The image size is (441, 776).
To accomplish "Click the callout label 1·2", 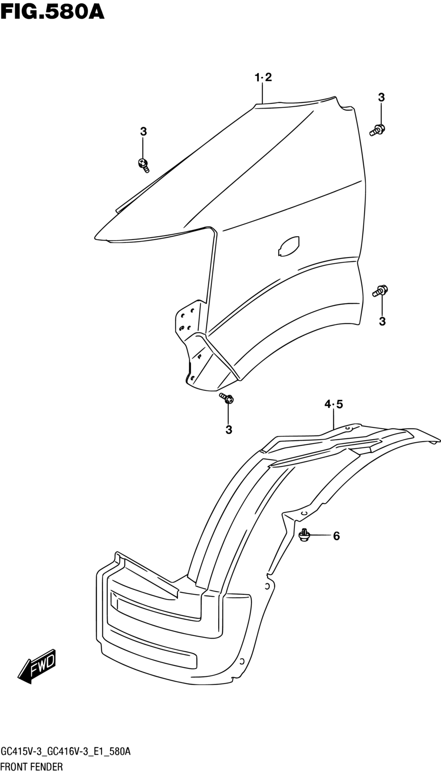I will pos(263,77).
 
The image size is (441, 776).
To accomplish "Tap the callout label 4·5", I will pos(334,404).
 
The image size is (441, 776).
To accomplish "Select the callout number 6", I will pos(337,536).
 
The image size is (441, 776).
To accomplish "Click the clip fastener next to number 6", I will pos(304,535).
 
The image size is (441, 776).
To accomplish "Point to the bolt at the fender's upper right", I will pos(377,129).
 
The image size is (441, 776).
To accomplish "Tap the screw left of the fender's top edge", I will pos(143,165).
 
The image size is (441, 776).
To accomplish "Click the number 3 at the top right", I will pos(381,98).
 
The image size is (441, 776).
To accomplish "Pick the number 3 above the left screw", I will pos(143,132).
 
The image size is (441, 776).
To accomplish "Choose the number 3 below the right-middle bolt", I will pos(382,322).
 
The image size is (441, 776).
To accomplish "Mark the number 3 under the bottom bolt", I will pos(229,430).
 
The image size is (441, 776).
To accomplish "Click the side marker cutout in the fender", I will pos(288,246).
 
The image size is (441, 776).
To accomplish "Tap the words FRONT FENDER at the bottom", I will pos(32,766).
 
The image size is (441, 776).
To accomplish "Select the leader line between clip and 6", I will pos(320,536).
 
